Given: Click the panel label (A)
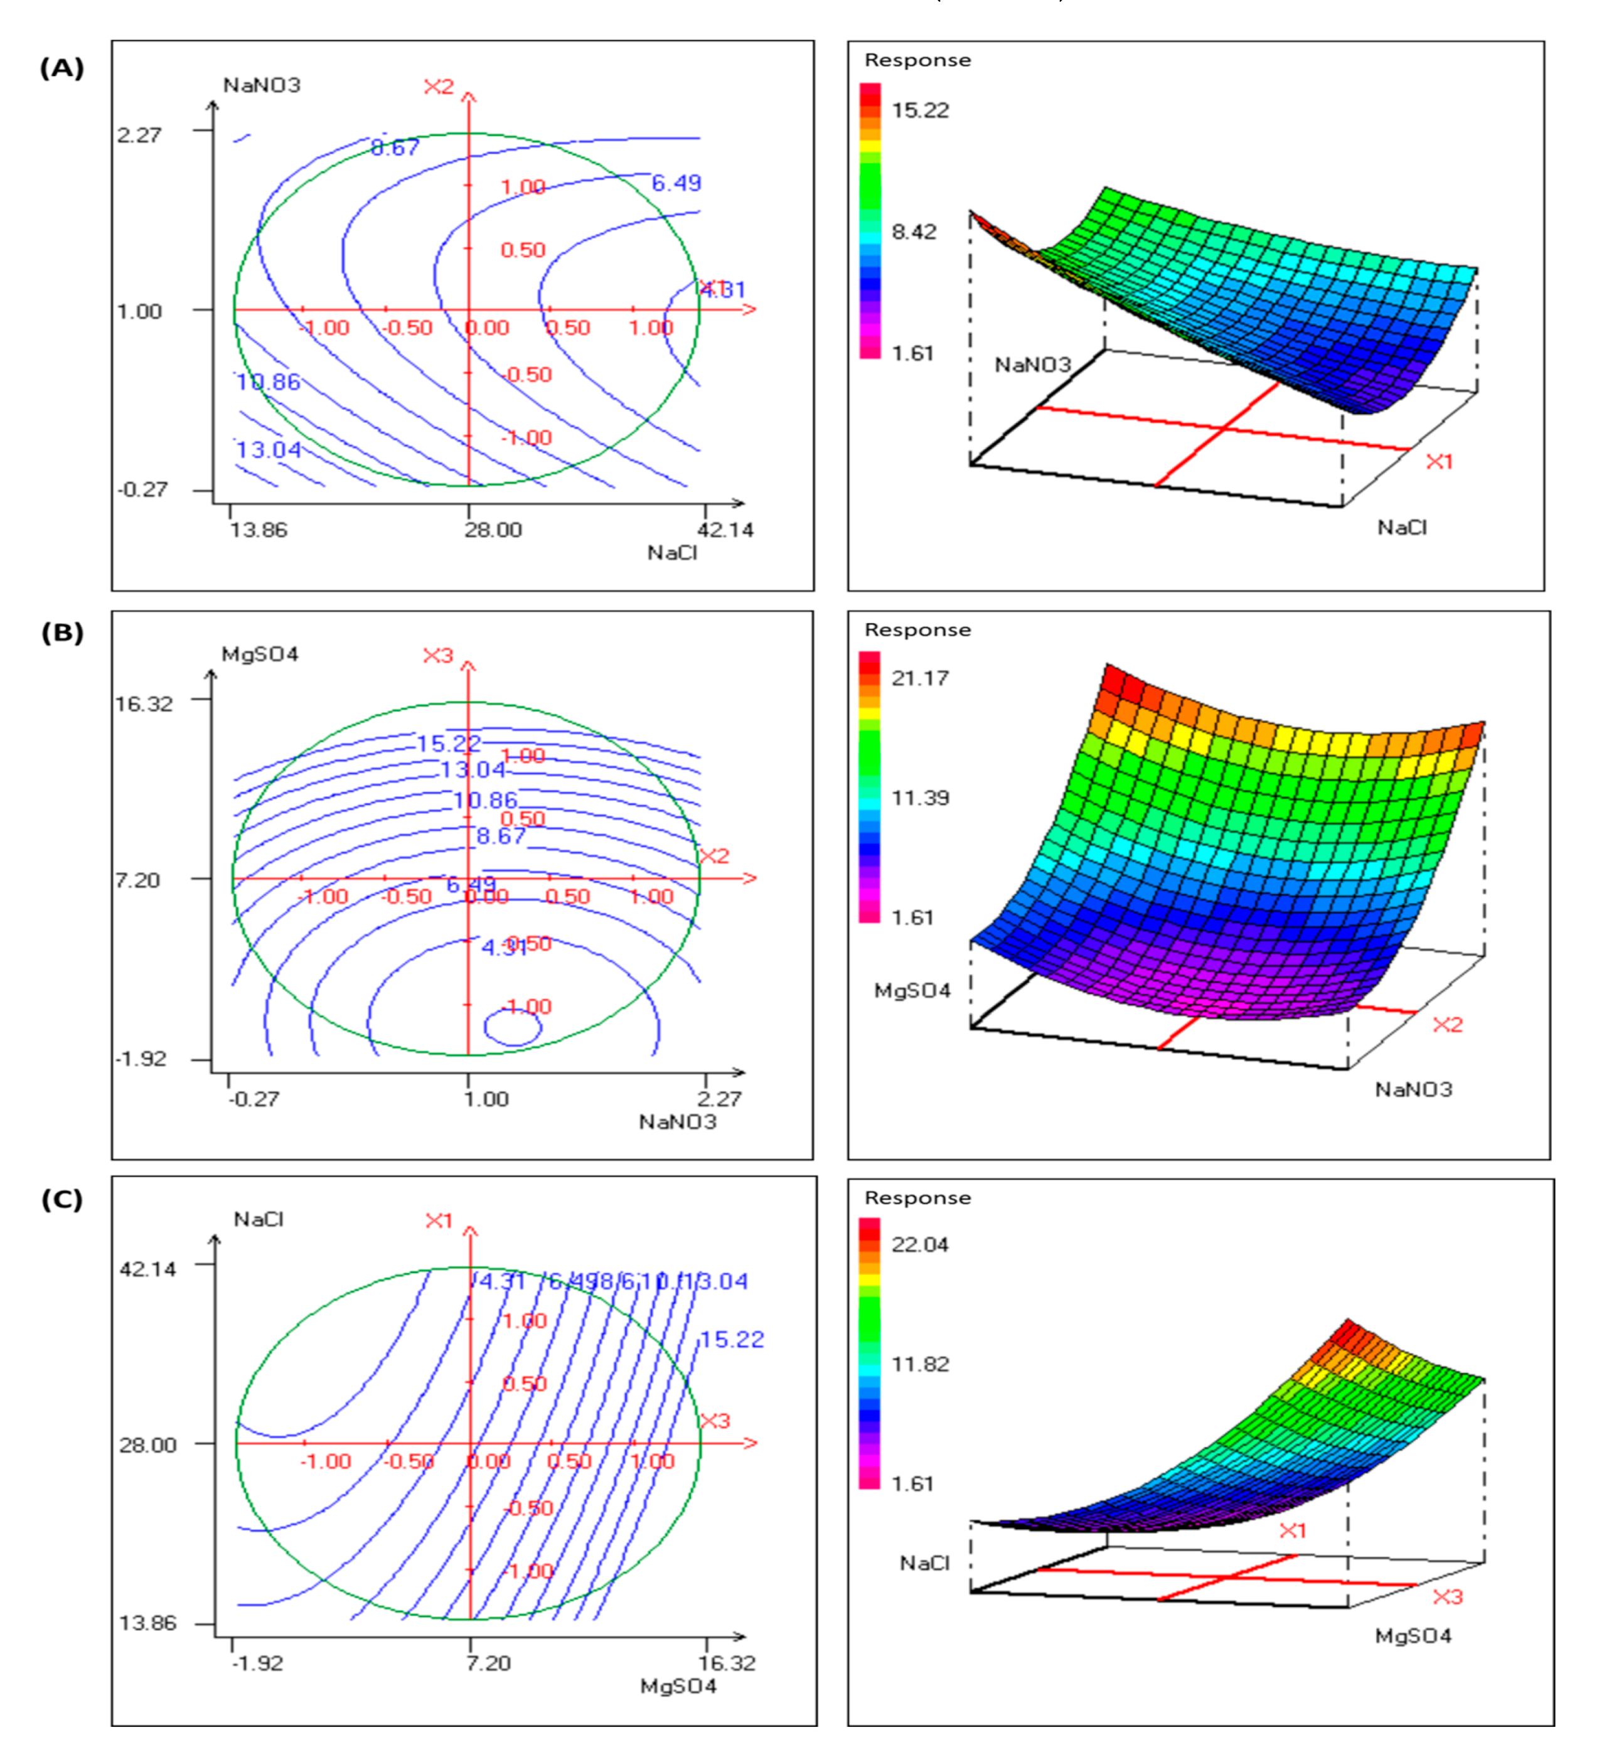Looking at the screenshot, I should (62, 68).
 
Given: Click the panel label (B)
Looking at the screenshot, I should (62, 633).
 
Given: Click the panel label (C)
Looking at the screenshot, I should (62, 1199).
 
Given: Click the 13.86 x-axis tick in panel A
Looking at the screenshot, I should (258, 530).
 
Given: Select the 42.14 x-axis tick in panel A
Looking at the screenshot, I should (725, 530).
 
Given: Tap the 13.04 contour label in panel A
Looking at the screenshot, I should (269, 449).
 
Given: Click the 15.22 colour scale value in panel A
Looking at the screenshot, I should (919, 110).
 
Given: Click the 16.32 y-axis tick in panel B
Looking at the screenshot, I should (144, 703).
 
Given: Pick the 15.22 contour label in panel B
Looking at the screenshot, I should (449, 744).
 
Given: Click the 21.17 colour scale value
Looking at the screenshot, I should (919, 677).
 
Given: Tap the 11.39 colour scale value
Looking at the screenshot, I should (919, 797).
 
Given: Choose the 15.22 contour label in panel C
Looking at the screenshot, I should (732, 1339).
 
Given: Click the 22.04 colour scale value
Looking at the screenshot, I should (919, 1244).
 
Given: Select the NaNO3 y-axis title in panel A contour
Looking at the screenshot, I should (262, 85).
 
